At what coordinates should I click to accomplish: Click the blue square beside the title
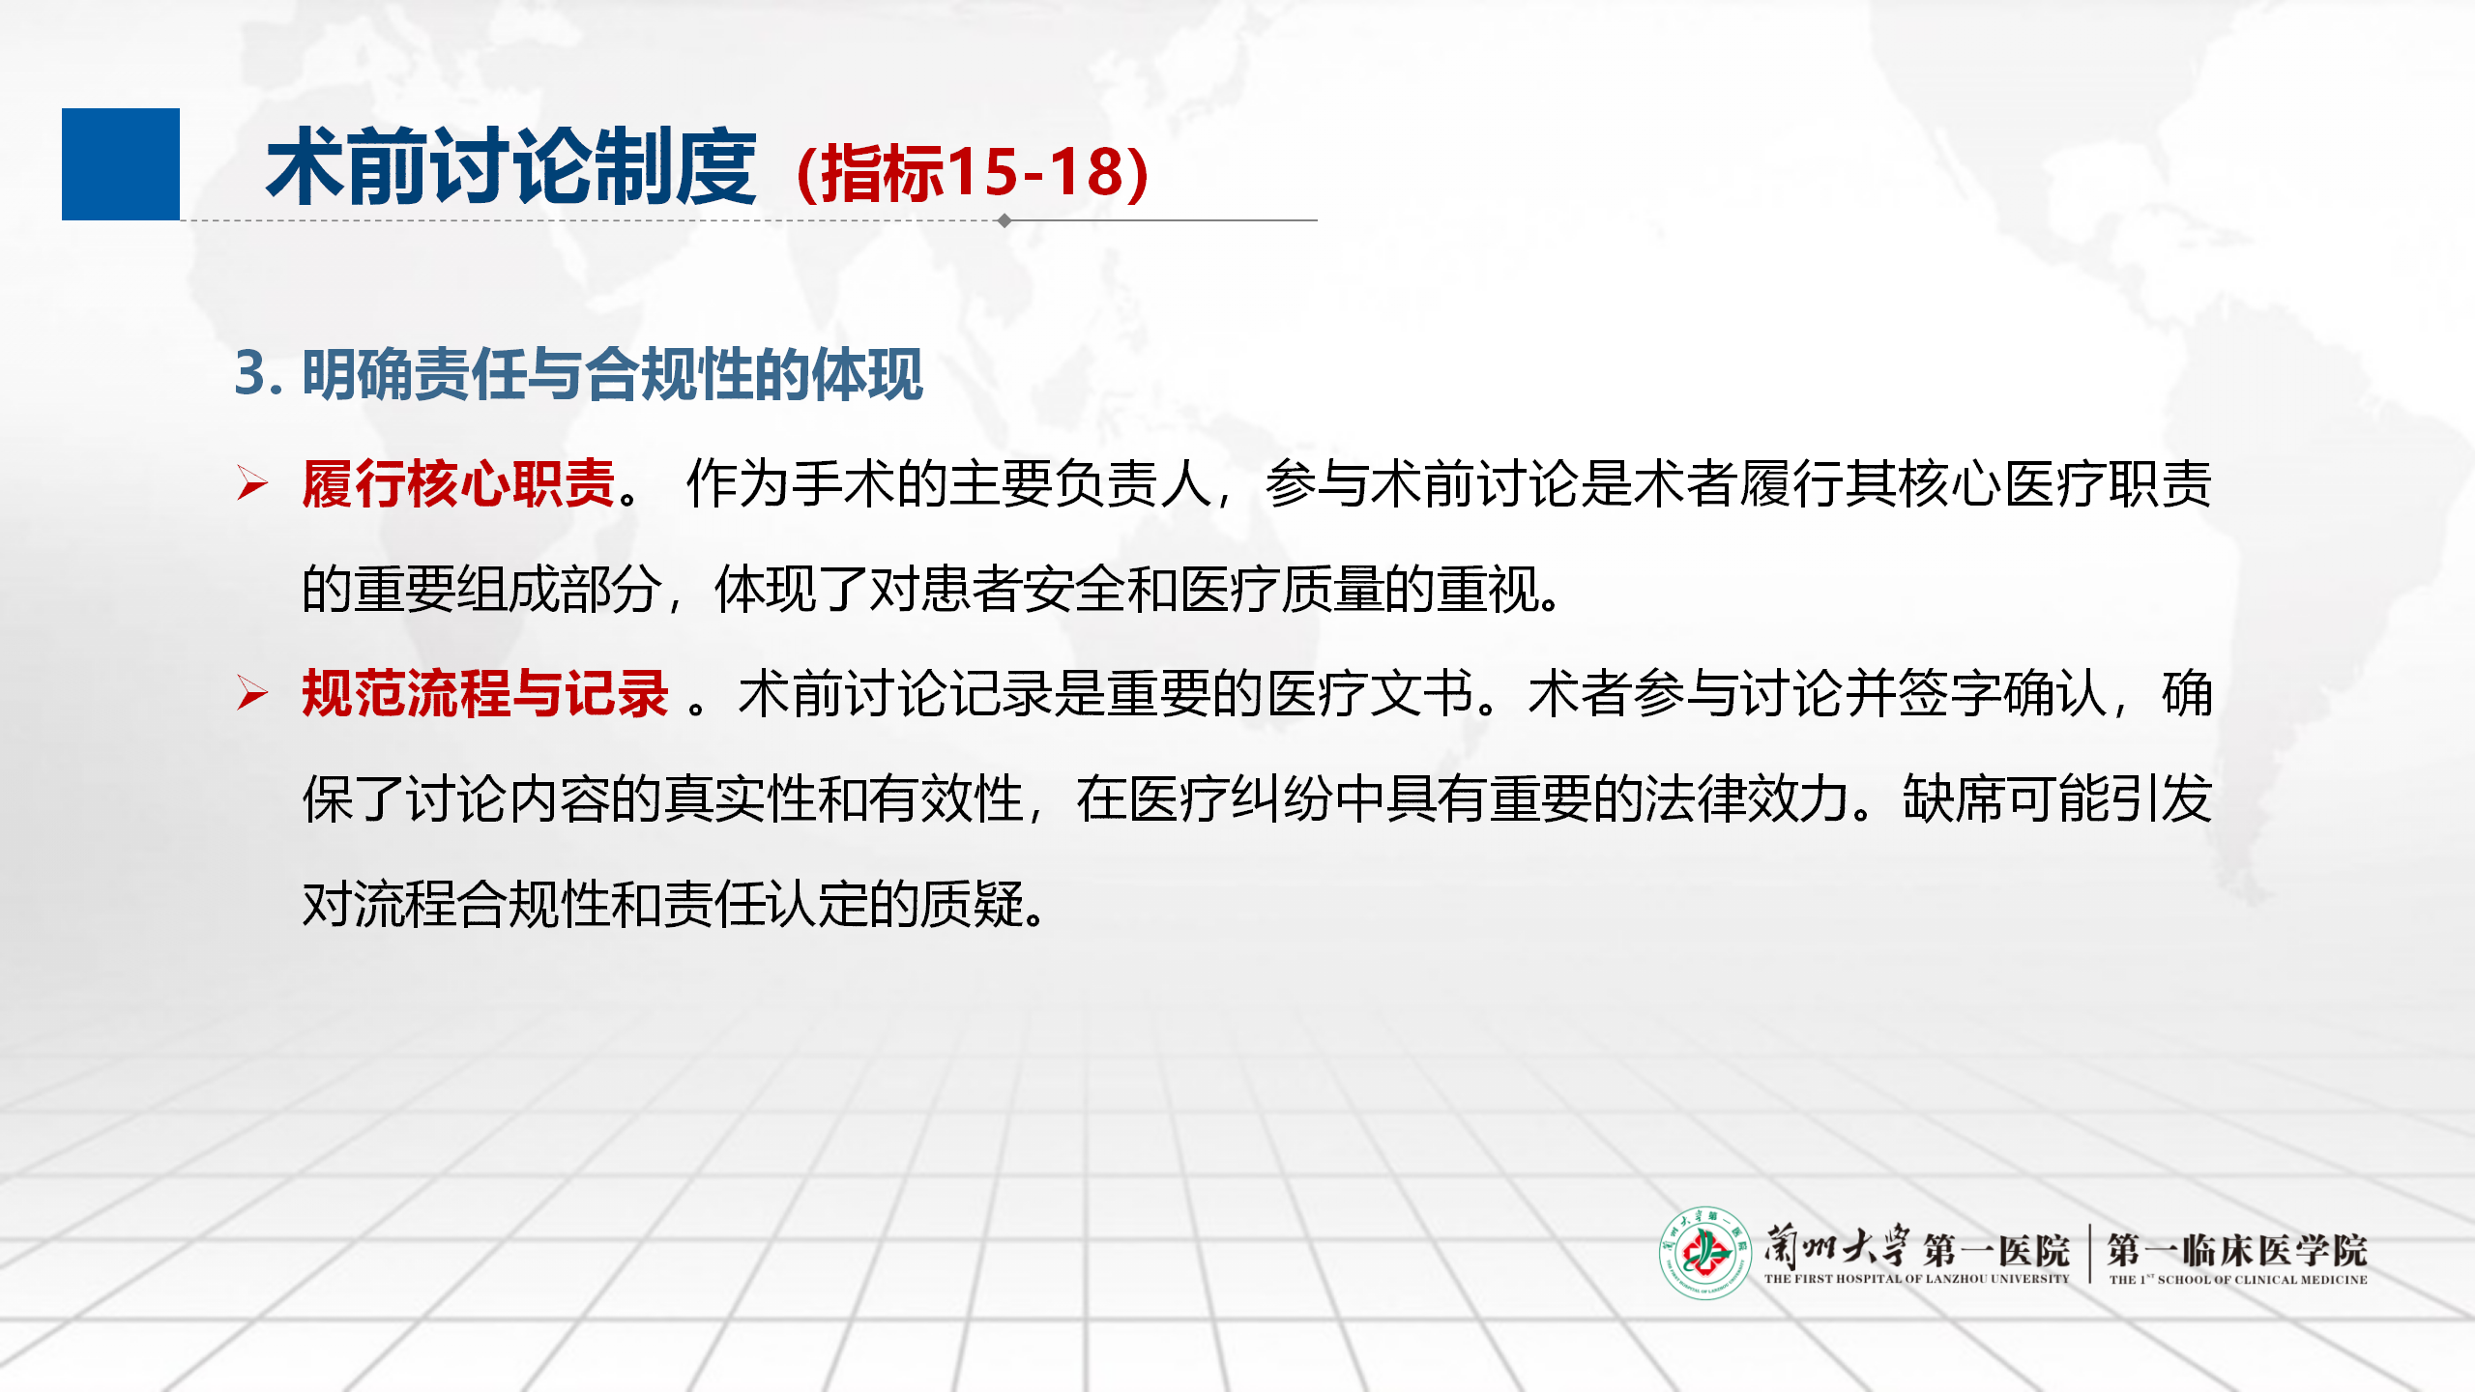(121, 164)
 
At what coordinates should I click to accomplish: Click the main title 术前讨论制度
(510, 168)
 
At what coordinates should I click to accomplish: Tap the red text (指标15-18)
(973, 173)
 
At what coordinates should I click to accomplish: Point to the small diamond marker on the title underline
(1005, 220)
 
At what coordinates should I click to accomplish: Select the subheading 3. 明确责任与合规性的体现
(579, 374)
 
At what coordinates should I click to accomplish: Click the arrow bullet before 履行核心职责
(252, 483)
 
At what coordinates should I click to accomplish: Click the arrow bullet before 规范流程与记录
(252, 693)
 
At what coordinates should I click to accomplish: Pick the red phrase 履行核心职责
(459, 483)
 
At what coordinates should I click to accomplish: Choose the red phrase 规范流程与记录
(485, 693)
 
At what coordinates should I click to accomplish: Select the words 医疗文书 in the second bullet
(1370, 693)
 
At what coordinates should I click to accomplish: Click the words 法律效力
(1747, 799)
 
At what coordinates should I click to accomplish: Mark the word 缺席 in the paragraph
(1954, 799)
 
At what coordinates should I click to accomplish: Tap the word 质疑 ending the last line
(971, 905)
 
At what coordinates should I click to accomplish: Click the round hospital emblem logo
(1705, 1253)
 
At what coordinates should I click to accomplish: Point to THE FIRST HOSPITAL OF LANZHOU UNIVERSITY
(1916, 1279)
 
